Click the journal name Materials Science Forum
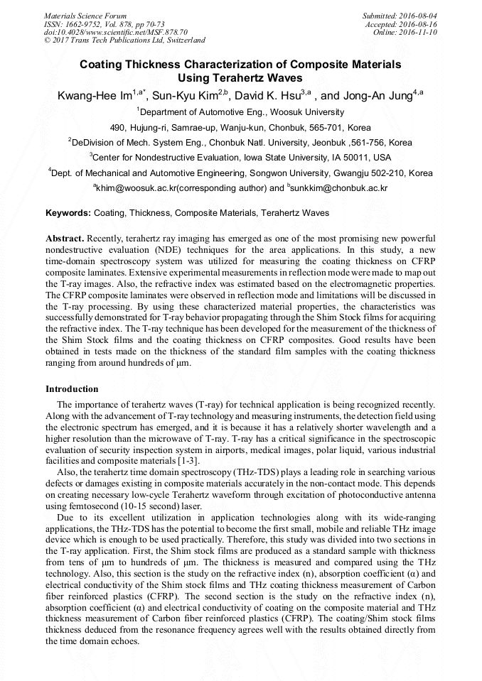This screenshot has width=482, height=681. coord(85,16)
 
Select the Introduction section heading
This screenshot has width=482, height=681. coord(72,389)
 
